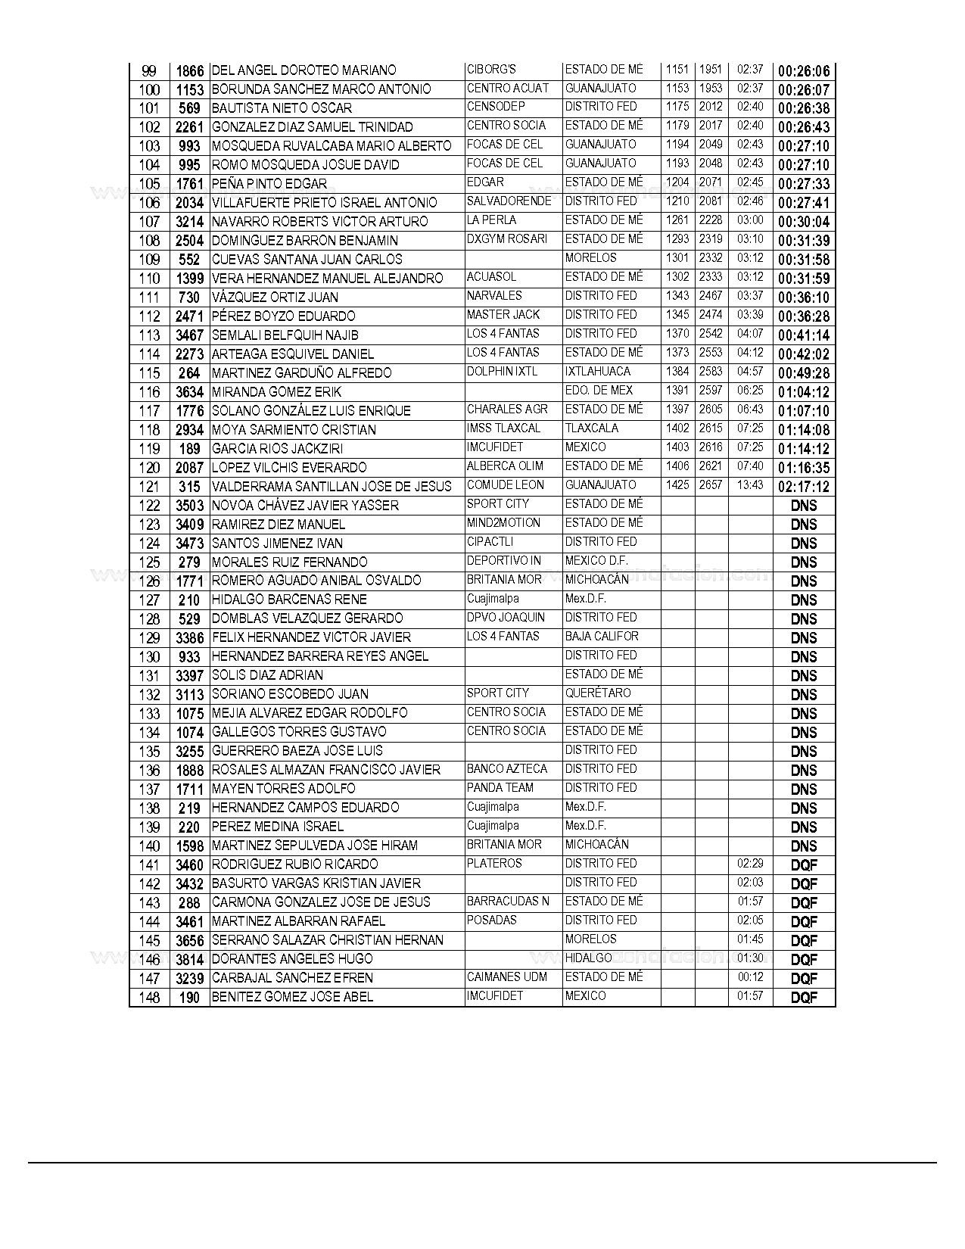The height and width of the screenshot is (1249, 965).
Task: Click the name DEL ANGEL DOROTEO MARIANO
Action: click(304, 70)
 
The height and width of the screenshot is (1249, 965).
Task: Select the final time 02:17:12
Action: click(804, 487)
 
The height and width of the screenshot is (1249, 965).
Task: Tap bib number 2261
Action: click(189, 127)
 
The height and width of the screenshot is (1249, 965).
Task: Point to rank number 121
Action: click(150, 487)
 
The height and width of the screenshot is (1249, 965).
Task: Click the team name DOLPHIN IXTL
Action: click(502, 372)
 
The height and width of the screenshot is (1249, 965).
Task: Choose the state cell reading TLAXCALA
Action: click(592, 428)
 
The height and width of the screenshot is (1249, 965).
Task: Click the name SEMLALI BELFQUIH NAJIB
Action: click(285, 335)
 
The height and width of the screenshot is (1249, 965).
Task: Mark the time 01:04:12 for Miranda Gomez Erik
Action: click(804, 392)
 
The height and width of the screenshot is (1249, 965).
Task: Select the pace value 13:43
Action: click(750, 485)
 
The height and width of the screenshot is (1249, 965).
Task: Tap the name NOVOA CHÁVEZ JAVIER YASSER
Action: click(305, 506)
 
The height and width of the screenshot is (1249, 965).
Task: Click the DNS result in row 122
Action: click(804, 506)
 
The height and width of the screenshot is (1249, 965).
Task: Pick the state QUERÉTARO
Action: click(598, 693)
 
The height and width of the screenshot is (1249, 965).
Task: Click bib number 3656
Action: click(189, 941)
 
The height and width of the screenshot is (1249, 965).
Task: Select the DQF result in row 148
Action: click(804, 998)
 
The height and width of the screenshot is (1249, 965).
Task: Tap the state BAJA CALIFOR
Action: click(602, 637)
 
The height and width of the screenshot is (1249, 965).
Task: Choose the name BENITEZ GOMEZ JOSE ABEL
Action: click(292, 997)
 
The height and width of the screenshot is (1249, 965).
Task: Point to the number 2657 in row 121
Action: click(711, 485)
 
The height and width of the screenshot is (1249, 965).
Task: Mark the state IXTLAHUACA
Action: click(597, 372)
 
